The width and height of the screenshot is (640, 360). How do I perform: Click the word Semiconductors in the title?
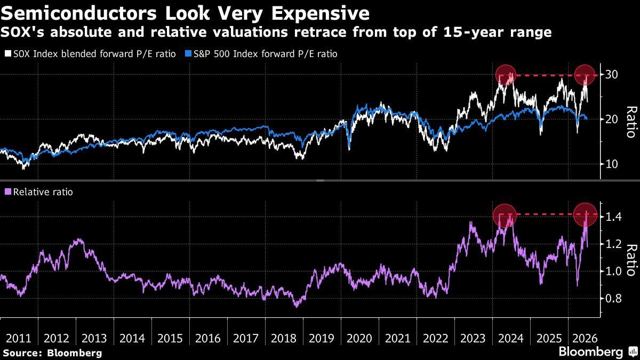point(79,13)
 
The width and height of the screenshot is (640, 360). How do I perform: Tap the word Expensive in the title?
point(321,14)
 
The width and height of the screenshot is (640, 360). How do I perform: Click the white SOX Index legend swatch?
point(8,53)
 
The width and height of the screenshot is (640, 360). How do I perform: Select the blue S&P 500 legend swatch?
point(188,53)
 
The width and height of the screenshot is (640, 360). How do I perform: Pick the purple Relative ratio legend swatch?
point(8,191)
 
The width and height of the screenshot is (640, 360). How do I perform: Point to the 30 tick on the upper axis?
point(612,75)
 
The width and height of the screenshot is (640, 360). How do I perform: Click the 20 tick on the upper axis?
point(612,119)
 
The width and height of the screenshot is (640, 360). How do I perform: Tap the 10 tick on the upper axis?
point(612,164)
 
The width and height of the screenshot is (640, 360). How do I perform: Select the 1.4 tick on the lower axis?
point(613,217)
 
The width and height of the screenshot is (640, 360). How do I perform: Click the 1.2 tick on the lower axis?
point(613,244)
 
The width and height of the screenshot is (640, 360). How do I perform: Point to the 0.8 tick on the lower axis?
point(613,299)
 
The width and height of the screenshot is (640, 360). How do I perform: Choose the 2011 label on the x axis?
point(18,339)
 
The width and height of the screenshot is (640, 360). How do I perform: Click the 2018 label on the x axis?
point(283,339)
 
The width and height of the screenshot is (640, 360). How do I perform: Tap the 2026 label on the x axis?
point(585,339)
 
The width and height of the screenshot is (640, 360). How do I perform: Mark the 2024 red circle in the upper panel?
point(506,75)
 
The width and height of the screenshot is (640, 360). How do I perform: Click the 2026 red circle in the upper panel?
point(585,75)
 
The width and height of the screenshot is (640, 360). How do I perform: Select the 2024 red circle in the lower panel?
point(505,215)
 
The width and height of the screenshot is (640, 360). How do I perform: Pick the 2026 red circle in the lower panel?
point(586,214)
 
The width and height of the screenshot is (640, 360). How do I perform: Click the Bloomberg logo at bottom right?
point(599,351)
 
